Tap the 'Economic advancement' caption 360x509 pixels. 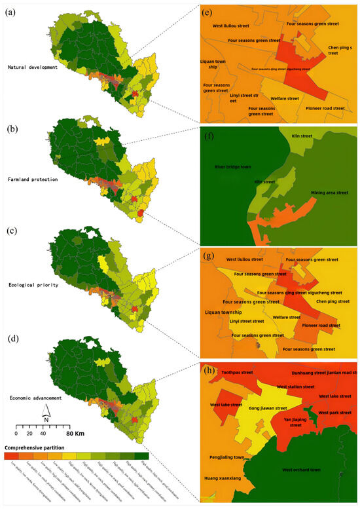[32, 396]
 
